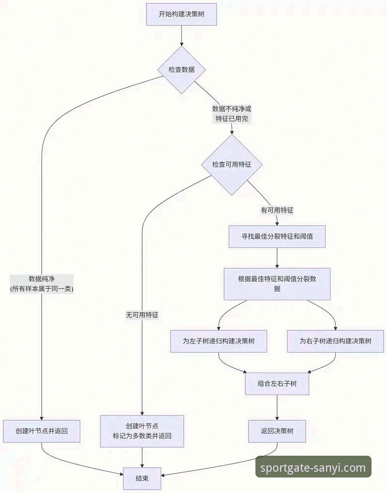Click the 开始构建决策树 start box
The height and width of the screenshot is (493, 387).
181,14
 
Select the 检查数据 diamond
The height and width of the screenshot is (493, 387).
181,70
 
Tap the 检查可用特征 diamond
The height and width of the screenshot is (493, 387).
232,165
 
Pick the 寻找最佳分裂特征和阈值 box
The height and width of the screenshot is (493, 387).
277,237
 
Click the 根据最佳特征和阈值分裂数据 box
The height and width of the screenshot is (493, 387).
277,284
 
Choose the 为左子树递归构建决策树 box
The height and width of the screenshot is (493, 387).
219,341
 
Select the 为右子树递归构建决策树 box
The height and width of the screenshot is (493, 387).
336,341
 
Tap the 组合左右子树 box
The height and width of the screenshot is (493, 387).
277,384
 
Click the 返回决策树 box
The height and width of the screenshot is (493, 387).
277,431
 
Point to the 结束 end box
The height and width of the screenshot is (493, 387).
142,478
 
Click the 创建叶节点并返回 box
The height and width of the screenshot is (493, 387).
42,431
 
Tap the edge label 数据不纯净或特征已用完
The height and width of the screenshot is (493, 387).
232,114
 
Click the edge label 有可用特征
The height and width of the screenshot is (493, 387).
277,210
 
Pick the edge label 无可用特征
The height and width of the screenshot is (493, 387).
142,315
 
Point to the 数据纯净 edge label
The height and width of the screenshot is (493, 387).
42,284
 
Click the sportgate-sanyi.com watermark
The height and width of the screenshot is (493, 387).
313,467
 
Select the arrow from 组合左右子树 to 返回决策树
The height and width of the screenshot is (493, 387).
277,407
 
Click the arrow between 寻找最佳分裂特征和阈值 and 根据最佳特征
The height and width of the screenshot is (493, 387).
277,258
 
